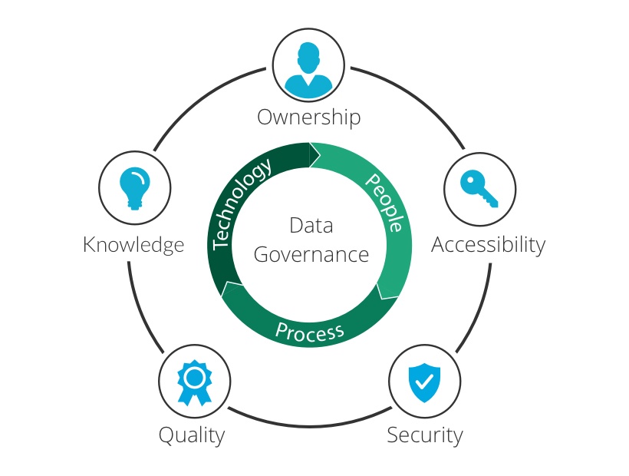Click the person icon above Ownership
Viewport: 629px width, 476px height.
point(308,66)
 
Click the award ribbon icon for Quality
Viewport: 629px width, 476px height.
point(193,381)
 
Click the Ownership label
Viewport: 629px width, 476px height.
point(308,117)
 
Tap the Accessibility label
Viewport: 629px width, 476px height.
point(488,244)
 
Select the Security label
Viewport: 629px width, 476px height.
point(424,435)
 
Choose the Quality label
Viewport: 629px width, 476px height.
point(192,435)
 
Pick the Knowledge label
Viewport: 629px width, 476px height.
point(133,244)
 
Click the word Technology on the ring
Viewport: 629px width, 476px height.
point(242,203)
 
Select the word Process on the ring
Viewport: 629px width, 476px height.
point(309,332)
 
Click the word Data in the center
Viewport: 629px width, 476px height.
point(311,226)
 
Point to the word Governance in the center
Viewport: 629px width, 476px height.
point(311,254)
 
